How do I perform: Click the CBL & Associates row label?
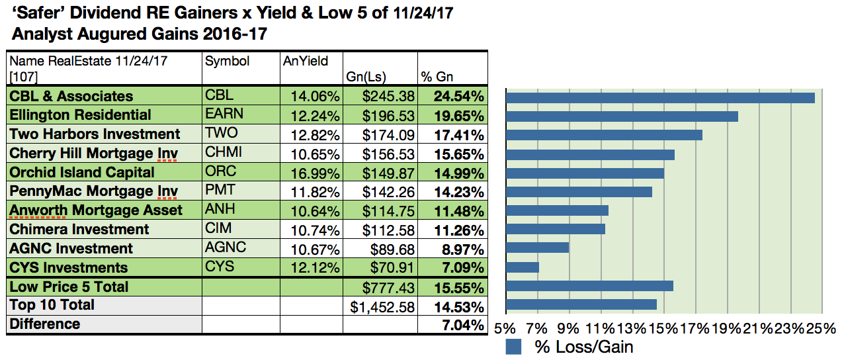pos(71,96)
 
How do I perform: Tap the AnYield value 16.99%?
pos(315,173)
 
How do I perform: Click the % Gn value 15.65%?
pos(458,154)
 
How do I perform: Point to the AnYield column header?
pos(305,62)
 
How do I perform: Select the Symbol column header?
pos(227,62)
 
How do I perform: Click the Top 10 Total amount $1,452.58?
pos(382,306)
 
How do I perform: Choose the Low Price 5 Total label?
pos(69,287)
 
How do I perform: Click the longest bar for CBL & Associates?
pos(659,98)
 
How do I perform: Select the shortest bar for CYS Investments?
pos(523,267)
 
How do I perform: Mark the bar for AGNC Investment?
pos(537,247)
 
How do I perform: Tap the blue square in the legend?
pos(514,347)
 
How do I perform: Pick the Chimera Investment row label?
pos(79,230)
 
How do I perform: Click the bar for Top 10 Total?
pos(581,304)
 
